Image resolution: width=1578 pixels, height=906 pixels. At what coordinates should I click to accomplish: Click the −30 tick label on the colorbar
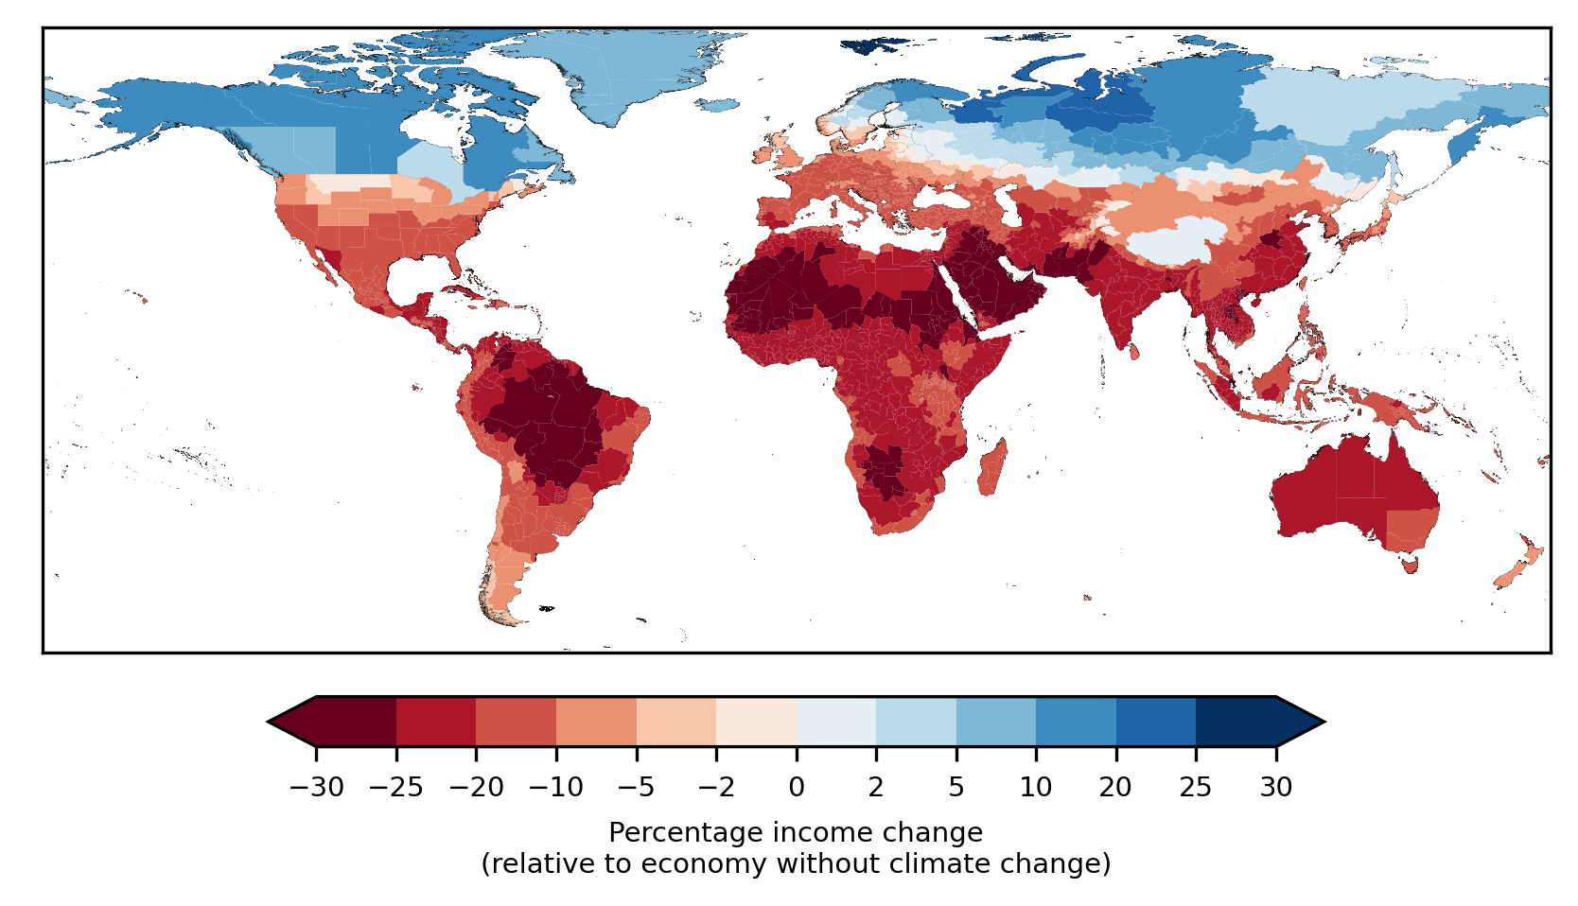pos(315,787)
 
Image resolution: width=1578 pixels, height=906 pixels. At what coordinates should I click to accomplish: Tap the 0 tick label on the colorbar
pos(797,787)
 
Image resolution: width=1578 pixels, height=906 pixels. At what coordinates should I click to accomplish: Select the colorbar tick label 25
pos(1196,787)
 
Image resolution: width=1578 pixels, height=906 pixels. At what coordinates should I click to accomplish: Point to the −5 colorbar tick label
pos(636,787)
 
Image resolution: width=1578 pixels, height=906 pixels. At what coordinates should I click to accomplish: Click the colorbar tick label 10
pos(1036,787)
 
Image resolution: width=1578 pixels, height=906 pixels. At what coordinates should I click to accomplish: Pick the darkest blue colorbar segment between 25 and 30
pos(1236,722)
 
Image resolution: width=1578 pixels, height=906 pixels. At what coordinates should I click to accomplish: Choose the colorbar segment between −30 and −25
pos(356,722)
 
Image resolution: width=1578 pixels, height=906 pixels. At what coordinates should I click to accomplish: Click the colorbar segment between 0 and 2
pos(836,722)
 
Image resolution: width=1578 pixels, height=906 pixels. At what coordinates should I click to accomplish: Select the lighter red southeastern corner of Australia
pos(1412,530)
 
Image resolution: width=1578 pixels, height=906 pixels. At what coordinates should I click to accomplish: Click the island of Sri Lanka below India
pos(1134,352)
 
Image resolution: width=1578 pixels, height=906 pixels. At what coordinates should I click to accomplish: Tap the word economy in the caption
pos(693,864)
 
